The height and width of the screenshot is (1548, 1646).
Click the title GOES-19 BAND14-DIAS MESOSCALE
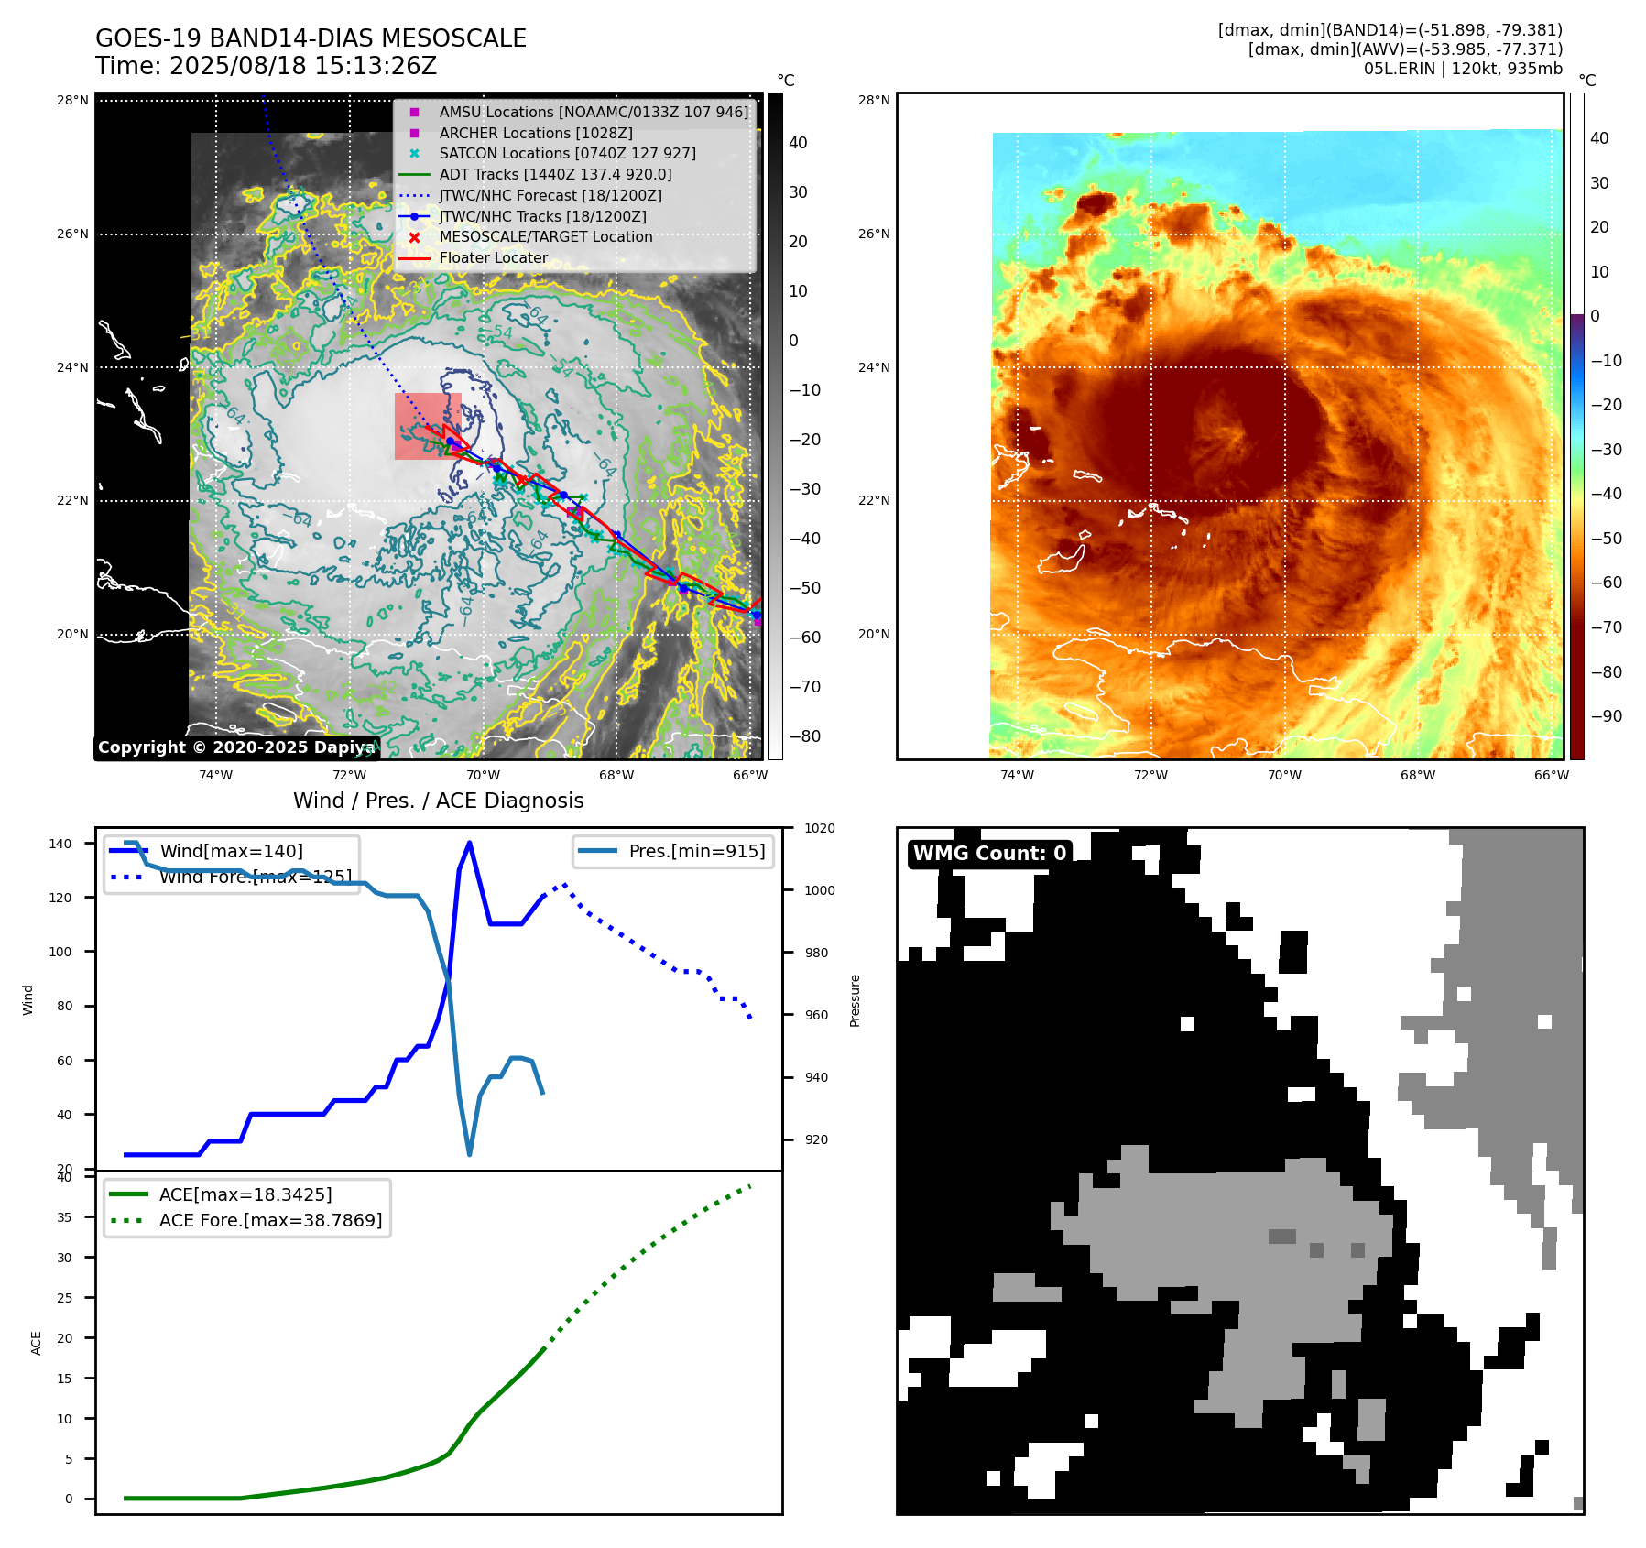tap(311, 38)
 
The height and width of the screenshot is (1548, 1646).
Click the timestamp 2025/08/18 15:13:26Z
tap(302, 66)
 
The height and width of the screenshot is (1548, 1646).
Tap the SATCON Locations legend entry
tap(567, 153)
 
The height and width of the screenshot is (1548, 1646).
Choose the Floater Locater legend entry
tap(493, 257)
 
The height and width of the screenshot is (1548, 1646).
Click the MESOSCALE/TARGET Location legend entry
tap(545, 236)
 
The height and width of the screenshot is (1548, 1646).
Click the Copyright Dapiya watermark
tap(236, 747)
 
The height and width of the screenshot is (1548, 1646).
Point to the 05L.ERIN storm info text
tap(1463, 69)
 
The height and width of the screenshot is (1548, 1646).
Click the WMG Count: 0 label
tap(989, 854)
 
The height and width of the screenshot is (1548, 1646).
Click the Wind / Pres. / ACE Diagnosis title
tap(438, 801)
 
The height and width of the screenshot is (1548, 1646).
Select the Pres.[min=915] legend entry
tap(696, 851)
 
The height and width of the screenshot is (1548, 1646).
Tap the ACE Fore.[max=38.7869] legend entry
tap(270, 1220)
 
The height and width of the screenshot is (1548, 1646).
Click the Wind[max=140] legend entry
tap(231, 851)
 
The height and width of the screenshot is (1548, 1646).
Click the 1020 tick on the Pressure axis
tap(819, 828)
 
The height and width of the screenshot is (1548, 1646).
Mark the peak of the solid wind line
tap(470, 843)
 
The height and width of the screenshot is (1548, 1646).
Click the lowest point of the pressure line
tap(470, 1154)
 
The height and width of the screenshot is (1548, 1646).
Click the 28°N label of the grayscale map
tap(72, 101)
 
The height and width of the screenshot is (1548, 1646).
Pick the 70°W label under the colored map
tap(1284, 775)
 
